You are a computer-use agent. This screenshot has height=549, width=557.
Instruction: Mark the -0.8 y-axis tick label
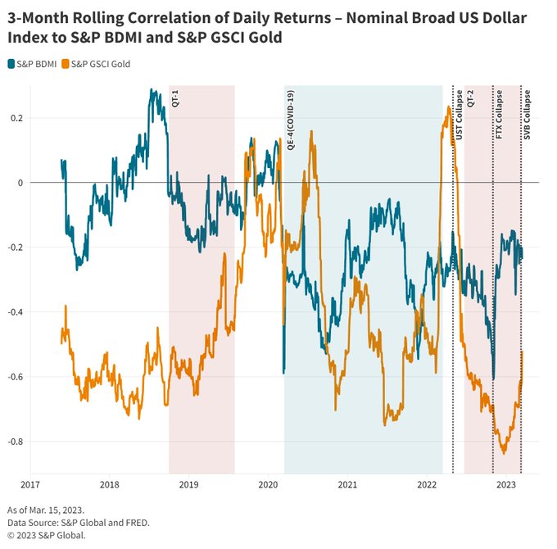point(14,442)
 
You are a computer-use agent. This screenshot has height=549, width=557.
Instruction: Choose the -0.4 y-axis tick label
point(14,312)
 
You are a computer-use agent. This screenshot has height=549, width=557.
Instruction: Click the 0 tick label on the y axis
point(20,183)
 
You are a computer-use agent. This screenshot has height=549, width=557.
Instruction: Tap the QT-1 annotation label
point(176,98)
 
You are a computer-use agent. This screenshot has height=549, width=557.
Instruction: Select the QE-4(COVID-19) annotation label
point(291,119)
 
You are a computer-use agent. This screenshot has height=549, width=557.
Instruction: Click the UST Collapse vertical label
point(459,110)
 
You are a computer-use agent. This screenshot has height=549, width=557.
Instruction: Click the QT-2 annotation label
point(471,98)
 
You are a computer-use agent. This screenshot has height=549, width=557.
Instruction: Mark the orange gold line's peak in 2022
point(449,107)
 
